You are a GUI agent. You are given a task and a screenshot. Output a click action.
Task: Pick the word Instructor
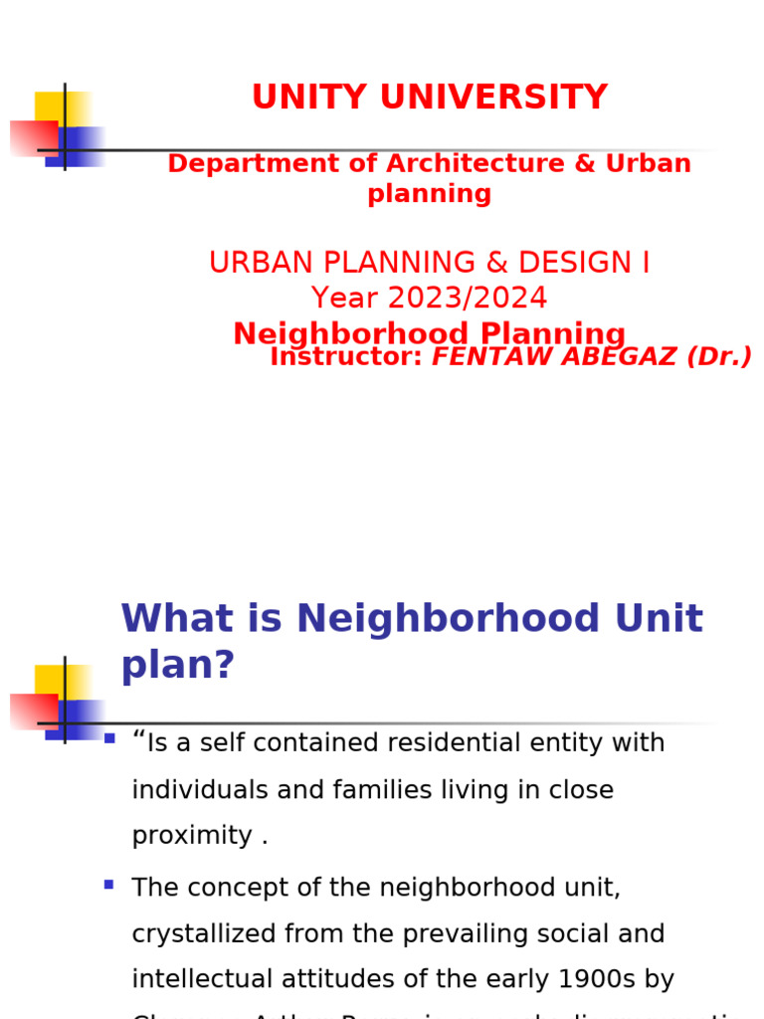pyautogui.click(x=346, y=357)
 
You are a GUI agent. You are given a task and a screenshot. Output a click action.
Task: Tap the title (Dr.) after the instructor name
pyautogui.click(x=719, y=357)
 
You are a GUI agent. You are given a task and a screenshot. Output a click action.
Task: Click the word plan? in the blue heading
pyautogui.click(x=177, y=666)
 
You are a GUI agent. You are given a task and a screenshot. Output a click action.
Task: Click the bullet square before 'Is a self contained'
pyautogui.click(x=109, y=738)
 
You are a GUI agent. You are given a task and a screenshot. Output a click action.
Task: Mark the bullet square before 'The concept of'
pyautogui.click(x=108, y=884)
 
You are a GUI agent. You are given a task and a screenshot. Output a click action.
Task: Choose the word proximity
pyautogui.click(x=193, y=836)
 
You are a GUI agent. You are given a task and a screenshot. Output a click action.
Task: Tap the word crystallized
pyautogui.click(x=205, y=934)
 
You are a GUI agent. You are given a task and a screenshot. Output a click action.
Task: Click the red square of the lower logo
pyautogui.click(x=33, y=712)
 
